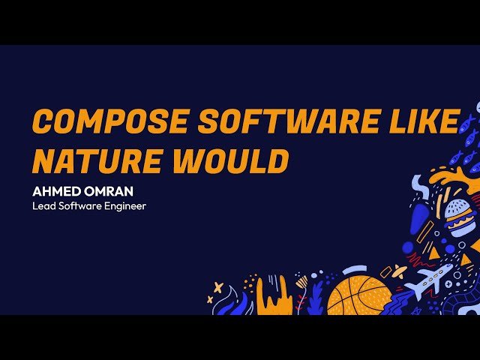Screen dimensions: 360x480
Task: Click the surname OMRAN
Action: (x=108, y=192)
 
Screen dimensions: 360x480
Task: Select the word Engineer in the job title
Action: (x=124, y=205)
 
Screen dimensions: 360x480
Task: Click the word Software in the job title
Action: (x=80, y=205)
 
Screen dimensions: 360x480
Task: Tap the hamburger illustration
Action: (x=459, y=217)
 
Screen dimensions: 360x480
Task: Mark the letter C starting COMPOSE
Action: (x=42, y=121)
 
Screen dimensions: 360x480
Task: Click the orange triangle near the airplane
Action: (x=466, y=259)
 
